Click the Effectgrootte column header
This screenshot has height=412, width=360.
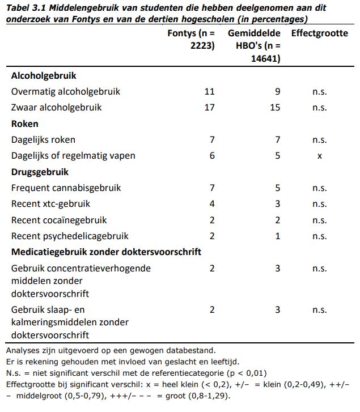319,33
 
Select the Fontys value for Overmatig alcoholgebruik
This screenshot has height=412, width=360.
209,91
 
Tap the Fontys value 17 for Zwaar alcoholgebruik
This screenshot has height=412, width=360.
209,107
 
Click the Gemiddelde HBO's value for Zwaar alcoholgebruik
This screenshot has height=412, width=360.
275,107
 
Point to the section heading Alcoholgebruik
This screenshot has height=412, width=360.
44,75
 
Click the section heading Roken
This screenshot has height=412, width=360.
25,124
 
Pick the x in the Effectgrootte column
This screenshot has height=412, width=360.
320,156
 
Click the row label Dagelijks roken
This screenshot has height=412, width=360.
43,139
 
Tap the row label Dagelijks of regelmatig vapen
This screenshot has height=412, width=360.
73,155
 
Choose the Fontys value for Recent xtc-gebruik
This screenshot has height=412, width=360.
212,204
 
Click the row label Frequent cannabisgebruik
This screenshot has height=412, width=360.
65,188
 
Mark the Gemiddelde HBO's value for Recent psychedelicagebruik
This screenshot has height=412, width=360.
278,236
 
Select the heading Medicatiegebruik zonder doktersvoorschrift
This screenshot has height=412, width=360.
106,252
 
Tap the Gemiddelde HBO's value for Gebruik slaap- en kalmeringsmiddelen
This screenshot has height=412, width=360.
278,309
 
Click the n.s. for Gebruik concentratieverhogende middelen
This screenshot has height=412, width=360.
320,268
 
